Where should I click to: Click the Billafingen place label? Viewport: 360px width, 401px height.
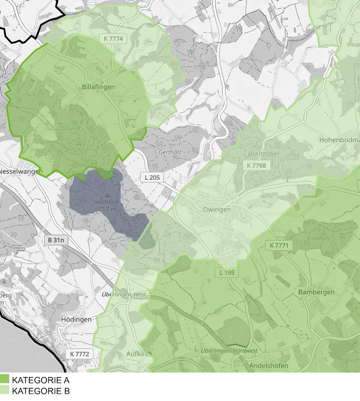point(98,87)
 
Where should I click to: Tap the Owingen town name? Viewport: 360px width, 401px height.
point(217,209)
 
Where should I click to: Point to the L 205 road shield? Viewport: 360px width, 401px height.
point(152,177)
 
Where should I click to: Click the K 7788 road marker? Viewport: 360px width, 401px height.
point(256,165)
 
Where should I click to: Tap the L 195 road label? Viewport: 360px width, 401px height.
point(227,272)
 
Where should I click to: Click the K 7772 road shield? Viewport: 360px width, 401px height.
point(79,353)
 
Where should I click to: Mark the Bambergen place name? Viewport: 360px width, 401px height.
point(316,292)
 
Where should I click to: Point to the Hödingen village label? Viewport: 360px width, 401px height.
point(76,319)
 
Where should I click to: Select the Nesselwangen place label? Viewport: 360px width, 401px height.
point(21,172)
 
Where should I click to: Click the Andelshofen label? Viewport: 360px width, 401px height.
point(269,365)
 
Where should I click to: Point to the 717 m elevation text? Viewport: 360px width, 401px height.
point(107,209)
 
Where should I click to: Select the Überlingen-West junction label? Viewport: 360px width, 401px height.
point(125,294)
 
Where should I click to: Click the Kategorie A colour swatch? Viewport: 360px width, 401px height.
point(4,379)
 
